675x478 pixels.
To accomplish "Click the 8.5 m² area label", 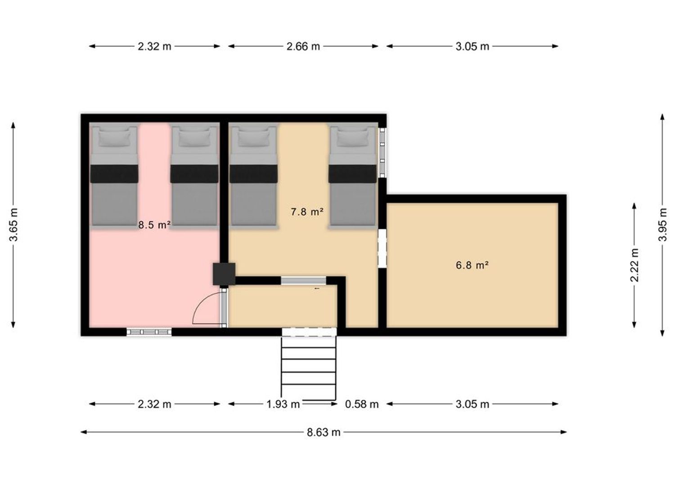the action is (x=154, y=225).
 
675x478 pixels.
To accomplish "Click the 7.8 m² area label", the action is (x=307, y=212).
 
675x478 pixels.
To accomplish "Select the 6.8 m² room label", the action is (x=472, y=265).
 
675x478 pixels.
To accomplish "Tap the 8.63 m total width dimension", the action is (x=324, y=432).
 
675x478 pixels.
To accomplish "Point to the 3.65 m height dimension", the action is (x=13, y=225).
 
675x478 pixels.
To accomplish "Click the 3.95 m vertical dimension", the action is (x=663, y=225).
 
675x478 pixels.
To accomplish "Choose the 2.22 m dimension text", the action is (x=634, y=265).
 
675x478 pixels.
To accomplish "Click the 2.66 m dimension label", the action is (x=303, y=46).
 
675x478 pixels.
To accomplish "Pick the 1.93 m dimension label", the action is (x=283, y=404).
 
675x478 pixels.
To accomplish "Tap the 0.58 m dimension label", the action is (x=362, y=404).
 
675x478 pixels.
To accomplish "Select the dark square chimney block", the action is (x=224, y=274).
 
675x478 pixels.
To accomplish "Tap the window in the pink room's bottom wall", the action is (x=149, y=332).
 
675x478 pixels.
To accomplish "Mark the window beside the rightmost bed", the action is (x=382, y=152).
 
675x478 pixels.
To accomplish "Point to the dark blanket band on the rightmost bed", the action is (x=352, y=173).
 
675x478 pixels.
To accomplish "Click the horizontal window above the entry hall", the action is (x=303, y=280).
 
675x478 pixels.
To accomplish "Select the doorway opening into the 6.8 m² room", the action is (x=382, y=248).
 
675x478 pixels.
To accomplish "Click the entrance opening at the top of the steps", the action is (x=309, y=332).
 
